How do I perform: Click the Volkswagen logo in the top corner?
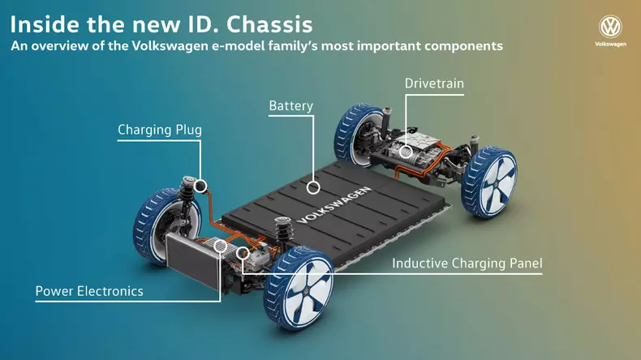(x=610, y=27)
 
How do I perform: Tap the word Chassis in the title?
(x=269, y=24)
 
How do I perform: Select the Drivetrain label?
(x=434, y=84)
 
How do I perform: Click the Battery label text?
(x=291, y=106)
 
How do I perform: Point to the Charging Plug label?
(x=160, y=130)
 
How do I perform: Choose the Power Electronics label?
(x=89, y=291)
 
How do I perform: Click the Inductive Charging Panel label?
(x=467, y=264)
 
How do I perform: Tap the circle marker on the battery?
(x=313, y=187)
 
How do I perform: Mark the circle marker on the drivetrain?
(x=406, y=152)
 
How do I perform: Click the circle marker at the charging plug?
(x=200, y=186)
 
